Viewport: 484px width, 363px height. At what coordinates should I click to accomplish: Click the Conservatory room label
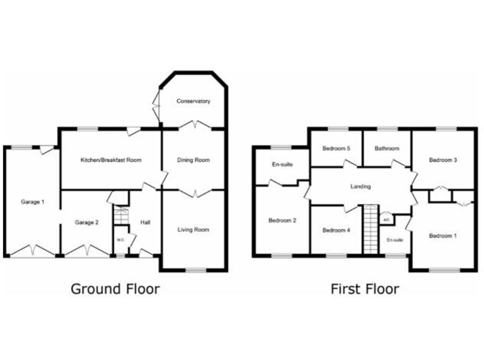pos(193,101)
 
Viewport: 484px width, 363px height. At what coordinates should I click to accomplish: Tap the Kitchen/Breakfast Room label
pos(111,160)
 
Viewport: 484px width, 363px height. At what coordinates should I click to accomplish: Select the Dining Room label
pos(193,160)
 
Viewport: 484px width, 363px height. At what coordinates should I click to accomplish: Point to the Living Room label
pos(193,229)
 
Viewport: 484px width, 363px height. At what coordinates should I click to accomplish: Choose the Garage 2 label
pos(87,222)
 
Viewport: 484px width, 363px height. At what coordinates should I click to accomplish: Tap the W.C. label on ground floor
pos(120,240)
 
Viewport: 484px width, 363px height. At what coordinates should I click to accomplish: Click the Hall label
pos(145,222)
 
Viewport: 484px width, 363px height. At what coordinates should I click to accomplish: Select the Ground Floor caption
pos(115,289)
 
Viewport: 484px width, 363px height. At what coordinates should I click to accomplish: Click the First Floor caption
pos(365,289)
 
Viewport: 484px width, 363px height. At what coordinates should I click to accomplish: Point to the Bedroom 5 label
pos(335,149)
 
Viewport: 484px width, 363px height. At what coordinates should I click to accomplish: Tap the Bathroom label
pos(386,149)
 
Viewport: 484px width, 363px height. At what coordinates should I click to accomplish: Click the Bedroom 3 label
pos(442,160)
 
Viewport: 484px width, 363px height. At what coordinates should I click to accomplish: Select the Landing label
pos(360,187)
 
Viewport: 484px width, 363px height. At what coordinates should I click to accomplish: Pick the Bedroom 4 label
pos(335,230)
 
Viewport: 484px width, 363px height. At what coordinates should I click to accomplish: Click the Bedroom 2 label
pos(281,221)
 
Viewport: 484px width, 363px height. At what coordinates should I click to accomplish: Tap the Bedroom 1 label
pos(442,236)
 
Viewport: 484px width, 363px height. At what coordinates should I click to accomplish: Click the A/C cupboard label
pos(386,220)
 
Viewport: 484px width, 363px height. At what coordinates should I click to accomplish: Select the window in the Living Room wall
pos(196,270)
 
